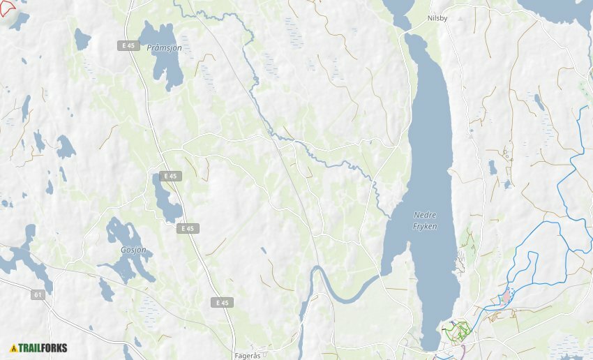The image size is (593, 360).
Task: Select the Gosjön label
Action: (x=133, y=249)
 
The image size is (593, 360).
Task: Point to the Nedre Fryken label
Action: (x=425, y=220)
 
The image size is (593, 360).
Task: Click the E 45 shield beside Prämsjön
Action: (x=128, y=45)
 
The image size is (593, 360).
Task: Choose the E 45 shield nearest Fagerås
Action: (x=222, y=302)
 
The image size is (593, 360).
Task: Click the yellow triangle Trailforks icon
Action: (x=13, y=347)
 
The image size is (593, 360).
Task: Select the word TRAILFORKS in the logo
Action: (x=43, y=347)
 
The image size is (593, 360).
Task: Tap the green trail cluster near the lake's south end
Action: (x=457, y=329)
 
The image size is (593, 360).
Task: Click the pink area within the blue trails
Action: (x=504, y=299)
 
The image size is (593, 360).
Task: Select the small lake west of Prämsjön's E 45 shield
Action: (x=82, y=40)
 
